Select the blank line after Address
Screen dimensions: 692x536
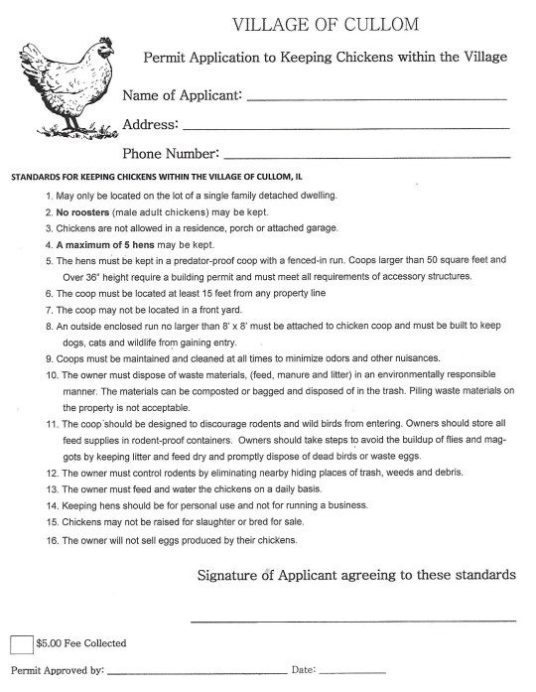click(x=346, y=128)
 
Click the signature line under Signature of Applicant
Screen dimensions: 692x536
click(x=352, y=621)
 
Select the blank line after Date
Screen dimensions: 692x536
click(x=351, y=674)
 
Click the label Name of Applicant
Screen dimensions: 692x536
click(x=181, y=95)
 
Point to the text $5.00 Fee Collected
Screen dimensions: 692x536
click(x=80, y=643)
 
